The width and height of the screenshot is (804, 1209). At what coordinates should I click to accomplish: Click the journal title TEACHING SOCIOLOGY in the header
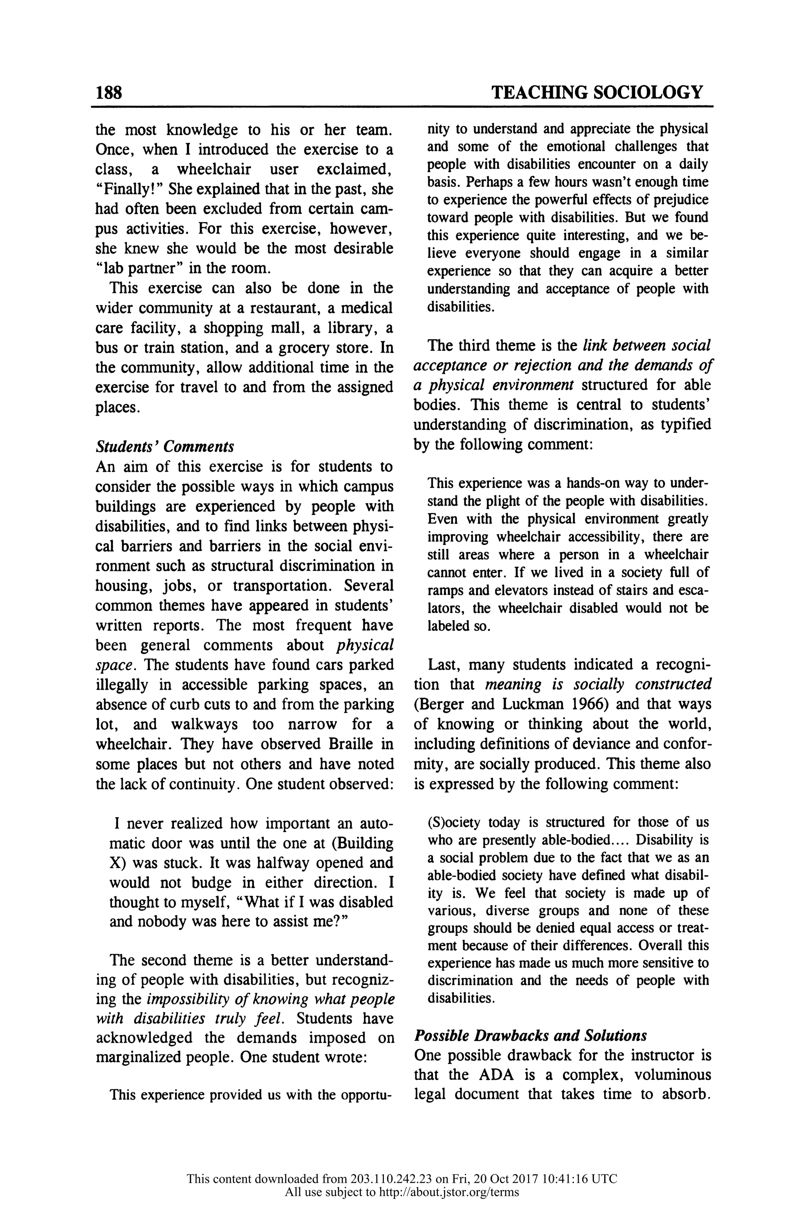click(x=597, y=92)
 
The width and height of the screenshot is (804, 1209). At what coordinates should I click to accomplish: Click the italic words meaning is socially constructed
click(x=598, y=685)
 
